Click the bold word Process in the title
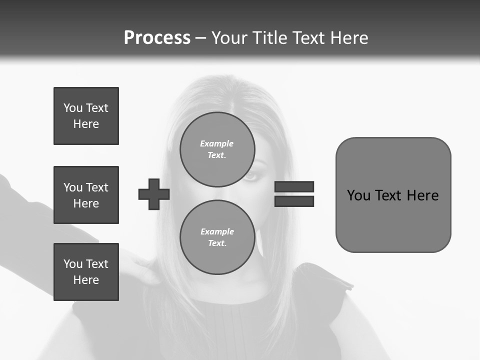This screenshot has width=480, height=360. click(x=157, y=38)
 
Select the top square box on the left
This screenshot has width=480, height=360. click(x=86, y=116)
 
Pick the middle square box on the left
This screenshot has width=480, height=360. click(x=86, y=195)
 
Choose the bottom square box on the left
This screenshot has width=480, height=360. click(x=86, y=272)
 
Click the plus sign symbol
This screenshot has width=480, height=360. click(x=154, y=194)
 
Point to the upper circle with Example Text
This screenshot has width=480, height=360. click(x=217, y=149)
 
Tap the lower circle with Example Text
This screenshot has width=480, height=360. click(x=217, y=237)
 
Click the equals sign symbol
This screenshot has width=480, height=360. click(x=294, y=194)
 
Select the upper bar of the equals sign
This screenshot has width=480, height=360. click(x=294, y=187)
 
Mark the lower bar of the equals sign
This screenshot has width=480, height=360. click(x=294, y=201)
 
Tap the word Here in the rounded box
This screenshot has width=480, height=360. click(x=422, y=195)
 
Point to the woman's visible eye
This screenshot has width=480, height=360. click(x=251, y=175)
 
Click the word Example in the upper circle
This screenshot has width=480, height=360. click(x=217, y=143)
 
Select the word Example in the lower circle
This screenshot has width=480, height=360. click(x=217, y=231)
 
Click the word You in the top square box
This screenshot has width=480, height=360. click(x=73, y=108)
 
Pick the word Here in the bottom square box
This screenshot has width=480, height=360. click(x=86, y=280)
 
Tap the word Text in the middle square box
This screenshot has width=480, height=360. click(x=97, y=187)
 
